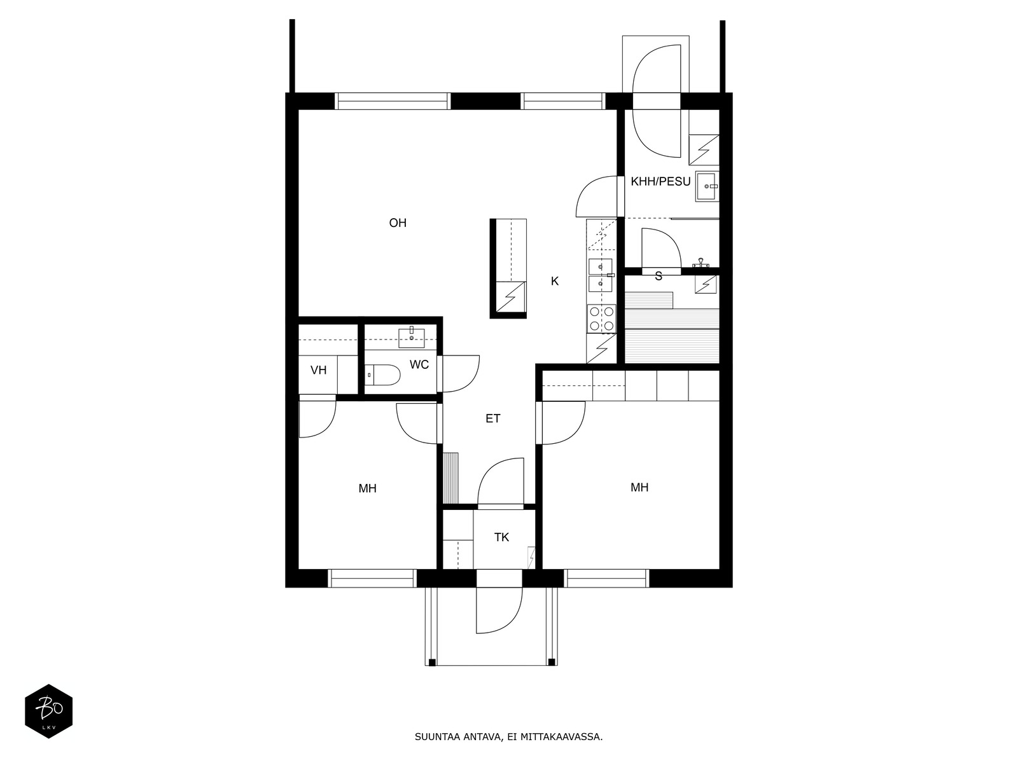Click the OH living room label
coord(398,223)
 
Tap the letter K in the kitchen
coord(555,281)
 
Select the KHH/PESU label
coord(660,182)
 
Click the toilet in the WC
coord(382,375)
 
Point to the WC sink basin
coord(412,337)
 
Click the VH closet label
coord(318,370)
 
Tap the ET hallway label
coord(492,419)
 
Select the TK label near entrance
coord(501,537)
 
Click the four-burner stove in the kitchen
coord(601,319)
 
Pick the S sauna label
coord(658,277)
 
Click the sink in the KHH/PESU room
coord(707,187)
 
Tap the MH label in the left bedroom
coord(367,488)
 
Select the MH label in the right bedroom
coord(639,487)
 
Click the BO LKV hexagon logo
coord(49,711)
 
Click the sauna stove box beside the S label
coord(706,284)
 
